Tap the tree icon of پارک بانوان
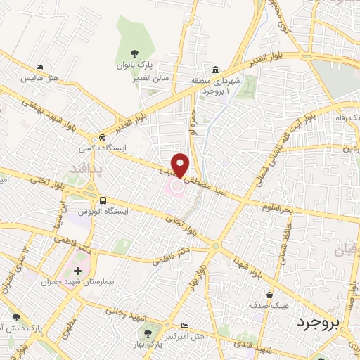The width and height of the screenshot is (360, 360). point(135,53)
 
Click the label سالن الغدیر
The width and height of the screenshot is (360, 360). point(153,78)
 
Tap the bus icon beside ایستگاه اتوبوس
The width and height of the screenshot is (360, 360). point(103,200)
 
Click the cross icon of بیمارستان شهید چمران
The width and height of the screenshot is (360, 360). point(77,270)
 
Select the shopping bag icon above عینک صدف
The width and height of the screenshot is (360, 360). point(269,295)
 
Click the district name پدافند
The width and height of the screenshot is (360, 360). point(86,167)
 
